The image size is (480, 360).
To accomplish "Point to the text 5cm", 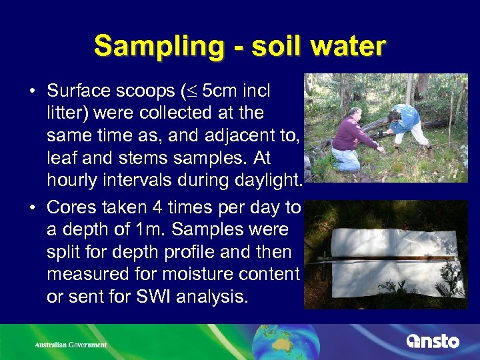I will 220,90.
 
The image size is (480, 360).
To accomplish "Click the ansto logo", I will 433,341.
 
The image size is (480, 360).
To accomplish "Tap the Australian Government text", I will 71,345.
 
